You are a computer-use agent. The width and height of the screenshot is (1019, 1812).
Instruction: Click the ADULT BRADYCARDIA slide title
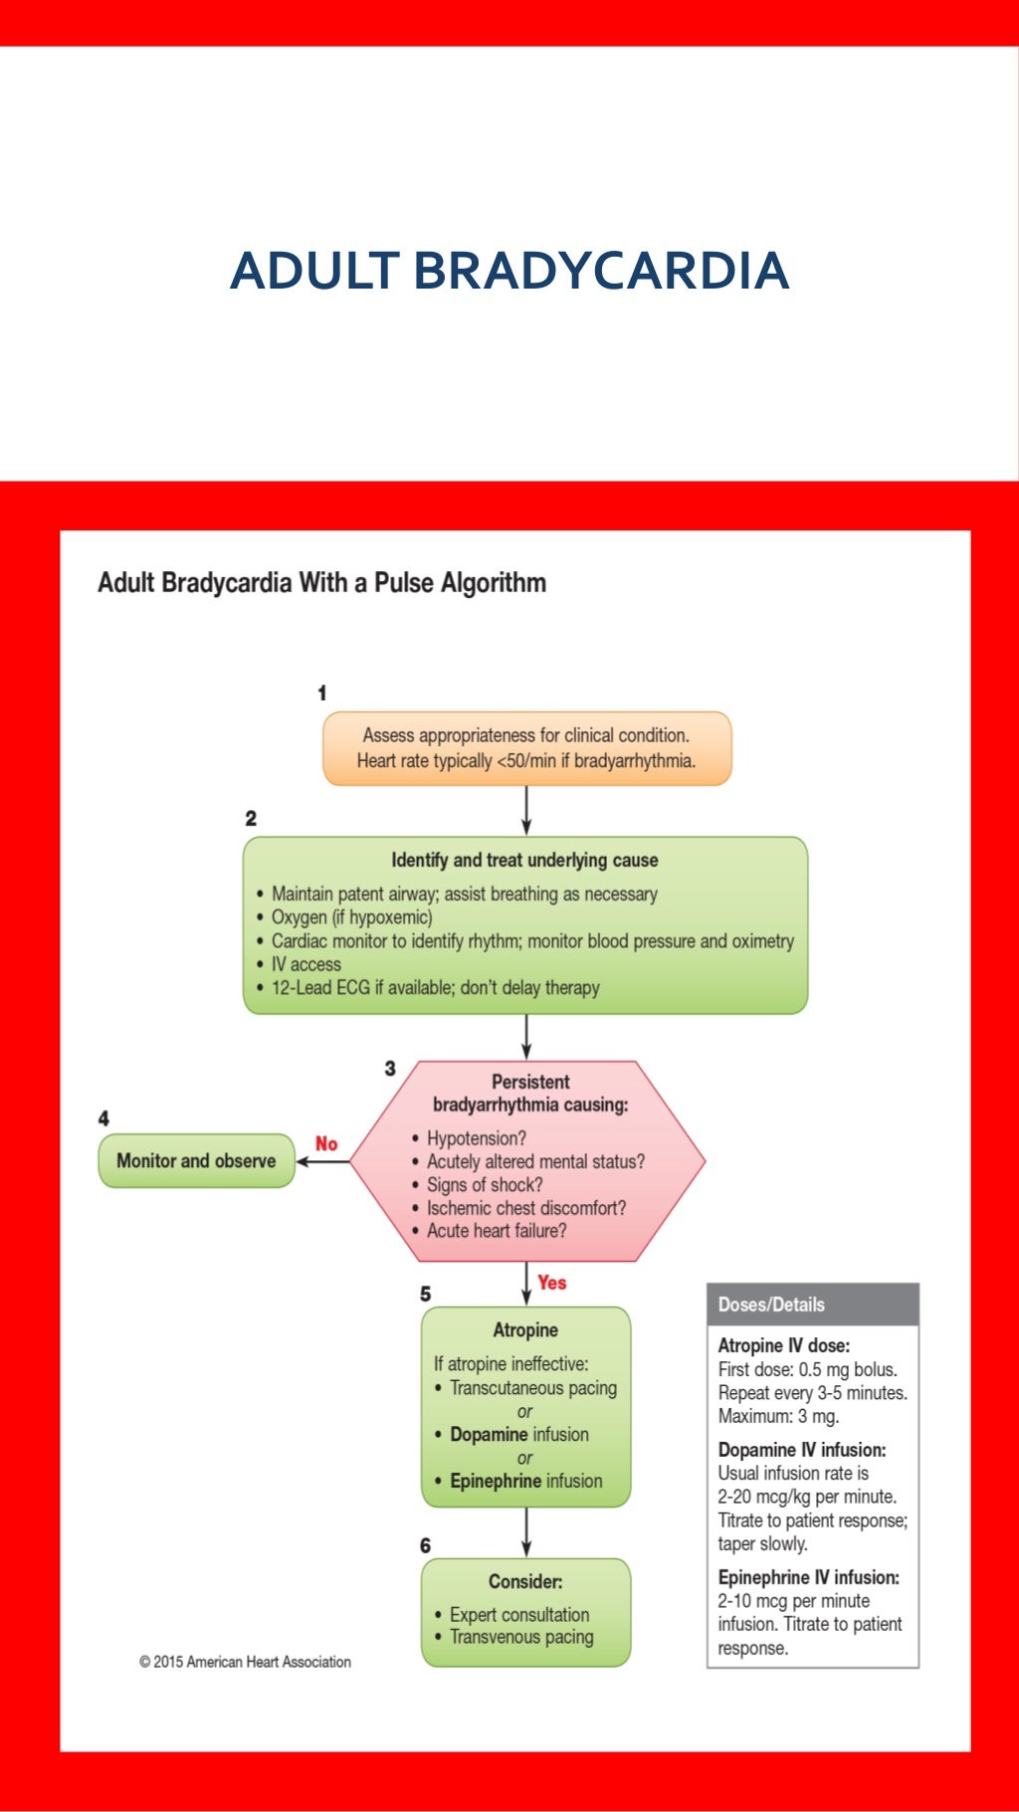pos(509,271)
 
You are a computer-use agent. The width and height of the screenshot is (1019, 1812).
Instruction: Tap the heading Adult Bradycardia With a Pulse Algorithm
pos(321,583)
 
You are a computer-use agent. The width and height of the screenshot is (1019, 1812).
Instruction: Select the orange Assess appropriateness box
pos(526,748)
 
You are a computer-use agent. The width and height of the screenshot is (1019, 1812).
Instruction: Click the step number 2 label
pos(251,818)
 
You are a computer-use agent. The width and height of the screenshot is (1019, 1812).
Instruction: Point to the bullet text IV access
pos(306,964)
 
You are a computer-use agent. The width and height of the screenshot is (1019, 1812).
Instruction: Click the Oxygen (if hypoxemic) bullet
pos(351,917)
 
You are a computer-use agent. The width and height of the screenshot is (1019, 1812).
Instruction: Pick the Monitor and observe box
pos(196,1160)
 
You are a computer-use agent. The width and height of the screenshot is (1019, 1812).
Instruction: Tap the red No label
pos(326,1143)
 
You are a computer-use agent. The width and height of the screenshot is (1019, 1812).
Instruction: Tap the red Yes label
pos(551,1283)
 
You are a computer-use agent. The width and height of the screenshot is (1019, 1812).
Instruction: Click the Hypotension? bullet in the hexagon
pos(476,1137)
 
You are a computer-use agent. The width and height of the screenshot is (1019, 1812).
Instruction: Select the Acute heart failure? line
pos(496,1231)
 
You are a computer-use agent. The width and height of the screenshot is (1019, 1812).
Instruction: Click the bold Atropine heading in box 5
pos(525,1329)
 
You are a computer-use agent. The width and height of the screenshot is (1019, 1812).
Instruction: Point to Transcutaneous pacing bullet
pos(532,1387)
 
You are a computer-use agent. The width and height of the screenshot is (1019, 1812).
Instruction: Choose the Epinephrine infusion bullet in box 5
pos(525,1481)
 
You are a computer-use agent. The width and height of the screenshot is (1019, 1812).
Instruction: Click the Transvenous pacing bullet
pos(520,1637)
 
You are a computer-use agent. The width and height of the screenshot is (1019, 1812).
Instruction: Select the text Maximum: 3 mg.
pos(778,1416)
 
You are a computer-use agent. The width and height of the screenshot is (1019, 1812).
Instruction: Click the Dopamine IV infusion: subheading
pos(801,1450)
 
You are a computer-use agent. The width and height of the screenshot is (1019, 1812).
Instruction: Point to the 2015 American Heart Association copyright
pos(245,1662)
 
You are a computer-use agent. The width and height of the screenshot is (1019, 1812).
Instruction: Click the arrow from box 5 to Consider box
pos(526,1532)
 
